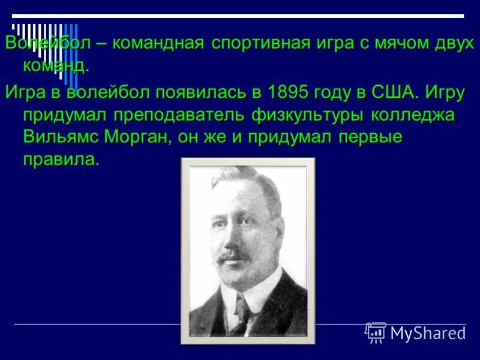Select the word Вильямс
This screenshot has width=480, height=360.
click(x=60, y=137)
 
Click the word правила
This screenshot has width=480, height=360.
click(x=60, y=160)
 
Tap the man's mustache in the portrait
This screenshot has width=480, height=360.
click(x=235, y=257)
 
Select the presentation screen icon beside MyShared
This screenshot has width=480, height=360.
click(x=376, y=332)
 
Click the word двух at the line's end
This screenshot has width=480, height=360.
click(x=445, y=43)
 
